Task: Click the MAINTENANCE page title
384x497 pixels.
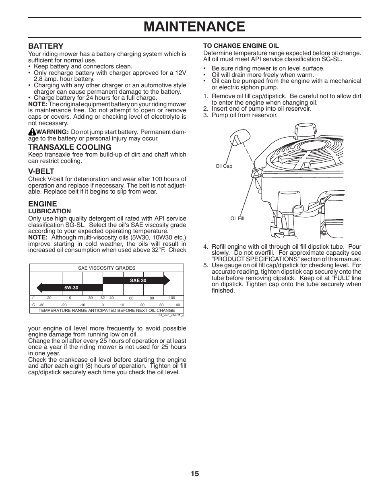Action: click(194, 27)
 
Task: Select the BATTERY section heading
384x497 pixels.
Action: click(45, 46)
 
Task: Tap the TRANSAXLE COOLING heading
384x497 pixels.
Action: click(70, 147)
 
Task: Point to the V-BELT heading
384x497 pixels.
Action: click(41, 171)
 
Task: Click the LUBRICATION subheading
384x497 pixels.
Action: click(50, 211)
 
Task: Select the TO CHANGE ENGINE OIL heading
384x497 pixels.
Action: click(241, 46)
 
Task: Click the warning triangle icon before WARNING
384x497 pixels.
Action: click(32, 132)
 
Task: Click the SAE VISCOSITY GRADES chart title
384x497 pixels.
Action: click(107, 268)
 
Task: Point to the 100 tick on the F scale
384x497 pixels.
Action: click(172, 298)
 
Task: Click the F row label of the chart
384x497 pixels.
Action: click(33, 298)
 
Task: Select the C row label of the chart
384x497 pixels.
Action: click(33, 305)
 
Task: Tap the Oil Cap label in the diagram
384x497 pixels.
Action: click(224, 166)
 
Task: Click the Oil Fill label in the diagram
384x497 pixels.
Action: click(237, 219)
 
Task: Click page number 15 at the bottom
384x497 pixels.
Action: click(195, 474)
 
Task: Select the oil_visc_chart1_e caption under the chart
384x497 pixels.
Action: click(171, 315)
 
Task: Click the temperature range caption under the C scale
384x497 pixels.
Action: click(107, 310)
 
